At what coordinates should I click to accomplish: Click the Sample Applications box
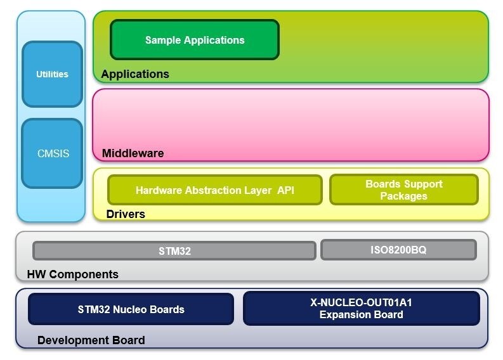(x=195, y=40)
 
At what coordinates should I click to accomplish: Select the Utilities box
(x=52, y=74)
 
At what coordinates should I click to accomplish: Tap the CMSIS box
(x=52, y=153)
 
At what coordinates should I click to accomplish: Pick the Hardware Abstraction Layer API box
(x=214, y=190)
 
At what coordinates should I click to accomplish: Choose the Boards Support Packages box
(x=403, y=190)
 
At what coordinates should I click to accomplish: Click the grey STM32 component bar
(x=174, y=251)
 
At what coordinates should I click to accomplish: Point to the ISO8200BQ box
(x=398, y=250)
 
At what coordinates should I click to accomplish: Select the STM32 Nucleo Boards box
(x=131, y=309)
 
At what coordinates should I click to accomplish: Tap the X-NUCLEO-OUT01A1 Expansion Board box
(x=361, y=309)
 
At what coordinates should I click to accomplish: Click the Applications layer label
(x=135, y=74)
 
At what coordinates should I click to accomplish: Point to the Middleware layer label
(x=133, y=153)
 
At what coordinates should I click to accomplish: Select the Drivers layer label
(x=126, y=214)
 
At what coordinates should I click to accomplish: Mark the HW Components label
(x=72, y=274)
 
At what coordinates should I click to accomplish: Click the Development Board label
(x=91, y=340)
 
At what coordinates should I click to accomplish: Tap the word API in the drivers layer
(x=285, y=190)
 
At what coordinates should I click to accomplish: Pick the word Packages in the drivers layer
(x=403, y=196)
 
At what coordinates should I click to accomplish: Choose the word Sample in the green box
(x=163, y=40)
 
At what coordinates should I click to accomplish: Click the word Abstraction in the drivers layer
(x=214, y=190)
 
